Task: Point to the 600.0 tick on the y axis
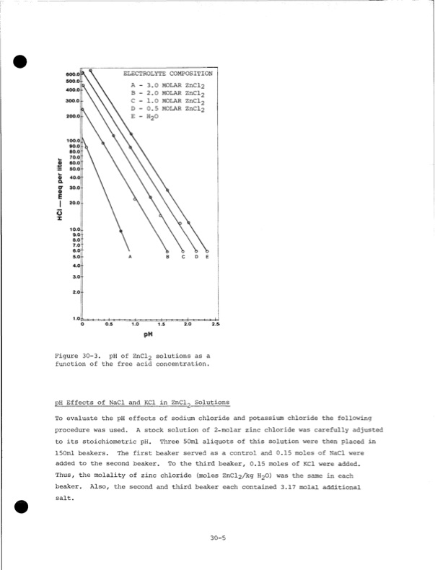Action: tap(74, 74)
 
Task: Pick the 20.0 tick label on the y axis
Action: tap(75, 203)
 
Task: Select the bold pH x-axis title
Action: tap(149, 336)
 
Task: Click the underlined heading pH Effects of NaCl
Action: tap(142, 402)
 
